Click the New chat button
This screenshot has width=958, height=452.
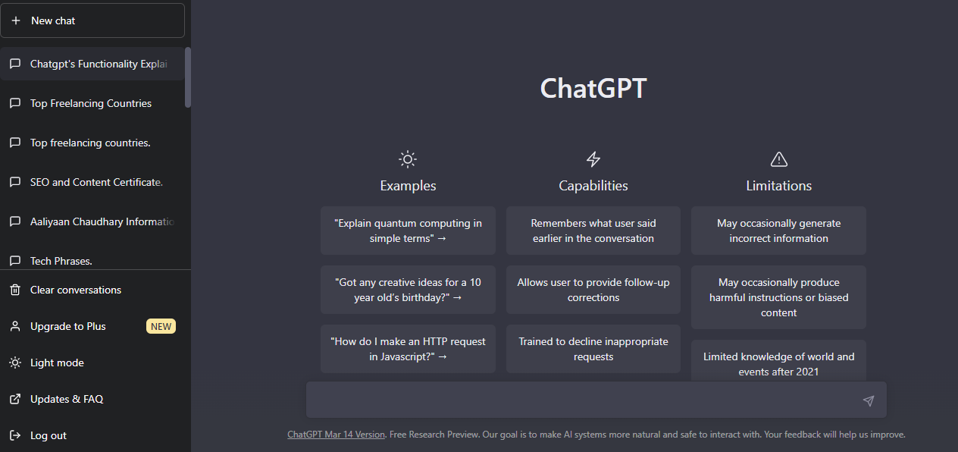pos(92,20)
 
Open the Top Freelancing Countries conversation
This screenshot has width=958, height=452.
pos(91,103)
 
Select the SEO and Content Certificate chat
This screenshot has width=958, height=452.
pos(96,182)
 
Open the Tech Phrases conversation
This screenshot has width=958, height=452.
pos(61,260)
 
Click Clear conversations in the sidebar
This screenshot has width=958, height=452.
pos(75,290)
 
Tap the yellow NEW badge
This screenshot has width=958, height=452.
pos(161,326)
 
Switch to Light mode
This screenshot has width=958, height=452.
pos(57,363)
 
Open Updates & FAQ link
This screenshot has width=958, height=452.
pos(66,399)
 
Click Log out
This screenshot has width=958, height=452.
pos(48,435)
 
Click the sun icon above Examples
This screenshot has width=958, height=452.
pos(408,159)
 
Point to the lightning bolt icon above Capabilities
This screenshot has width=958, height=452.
pos(593,159)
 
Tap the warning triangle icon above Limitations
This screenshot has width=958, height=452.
pos(778,159)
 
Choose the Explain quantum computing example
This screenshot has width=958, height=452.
pos(408,231)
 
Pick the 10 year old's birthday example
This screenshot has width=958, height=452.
pos(408,290)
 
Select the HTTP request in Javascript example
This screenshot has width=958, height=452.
pos(408,349)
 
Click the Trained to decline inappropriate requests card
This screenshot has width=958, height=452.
pos(593,349)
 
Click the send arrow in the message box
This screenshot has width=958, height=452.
pos(869,400)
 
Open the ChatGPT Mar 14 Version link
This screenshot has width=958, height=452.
pos(336,435)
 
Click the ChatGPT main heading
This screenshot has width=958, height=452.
pos(593,89)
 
